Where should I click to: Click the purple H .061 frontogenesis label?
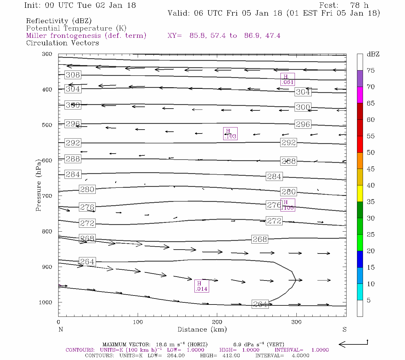click(x=287, y=79)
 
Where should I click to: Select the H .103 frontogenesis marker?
click(x=230, y=134)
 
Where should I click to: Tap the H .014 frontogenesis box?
click(x=201, y=286)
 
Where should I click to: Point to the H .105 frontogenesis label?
click(x=288, y=205)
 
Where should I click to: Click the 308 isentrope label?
click(x=73, y=75)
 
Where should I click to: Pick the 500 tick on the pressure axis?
click(x=47, y=125)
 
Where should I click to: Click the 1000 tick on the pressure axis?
click(x=46, y=302)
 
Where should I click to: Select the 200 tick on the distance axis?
click(x=217, y=322)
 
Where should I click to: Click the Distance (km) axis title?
click(x=202, y=329)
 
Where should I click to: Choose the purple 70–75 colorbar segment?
click(x=360, y=79)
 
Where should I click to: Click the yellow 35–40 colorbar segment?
click(x=360, y=193)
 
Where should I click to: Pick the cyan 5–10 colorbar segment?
click(x=360, y=292)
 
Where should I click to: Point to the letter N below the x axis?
click(x=61, y=329)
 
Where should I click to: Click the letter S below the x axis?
click(x=344, y=329)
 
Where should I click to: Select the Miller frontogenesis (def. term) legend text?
click(x=86, y=36)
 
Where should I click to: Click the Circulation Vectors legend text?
click(x=62, y=43)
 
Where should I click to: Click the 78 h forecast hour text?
click(x=359, y=5)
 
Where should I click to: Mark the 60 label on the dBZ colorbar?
click(x=370, y=120)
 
